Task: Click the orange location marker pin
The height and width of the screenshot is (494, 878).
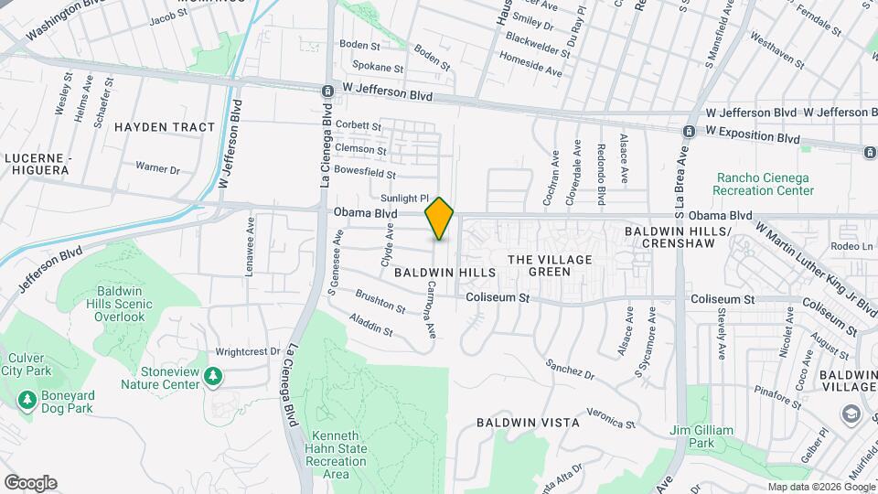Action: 440,219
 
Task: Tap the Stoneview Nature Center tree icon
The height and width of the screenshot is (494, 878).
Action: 213,375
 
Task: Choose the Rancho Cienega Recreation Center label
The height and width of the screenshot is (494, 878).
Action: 765,184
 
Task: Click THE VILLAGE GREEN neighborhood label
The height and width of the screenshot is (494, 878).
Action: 550,266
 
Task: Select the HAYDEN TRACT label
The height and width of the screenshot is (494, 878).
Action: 165,127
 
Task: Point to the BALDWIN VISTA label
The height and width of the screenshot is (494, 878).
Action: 516,423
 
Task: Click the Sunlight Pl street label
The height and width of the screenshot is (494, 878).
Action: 405,198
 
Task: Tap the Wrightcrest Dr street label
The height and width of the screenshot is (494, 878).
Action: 247,351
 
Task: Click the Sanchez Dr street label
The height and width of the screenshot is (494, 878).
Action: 571,370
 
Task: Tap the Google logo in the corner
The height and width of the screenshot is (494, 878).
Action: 29,482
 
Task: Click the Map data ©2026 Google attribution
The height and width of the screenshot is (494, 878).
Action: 820,487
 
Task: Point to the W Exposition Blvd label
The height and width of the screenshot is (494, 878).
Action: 753,136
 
